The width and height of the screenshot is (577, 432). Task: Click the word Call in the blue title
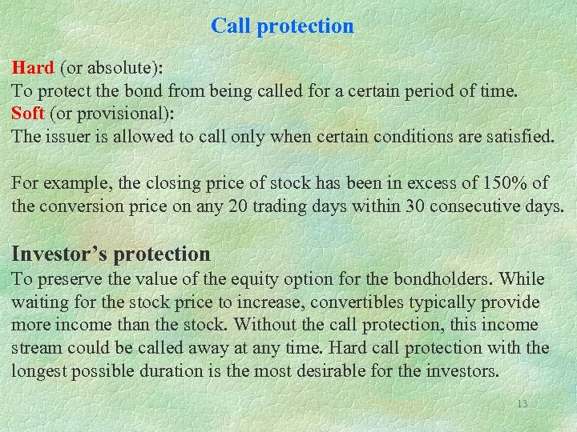pos(229,26)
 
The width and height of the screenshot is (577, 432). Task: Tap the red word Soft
pos(29,112)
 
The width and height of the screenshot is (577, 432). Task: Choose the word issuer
pos(67,135)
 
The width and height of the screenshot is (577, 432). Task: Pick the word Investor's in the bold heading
pos(60,254)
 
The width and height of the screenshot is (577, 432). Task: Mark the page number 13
pos(522,404)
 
